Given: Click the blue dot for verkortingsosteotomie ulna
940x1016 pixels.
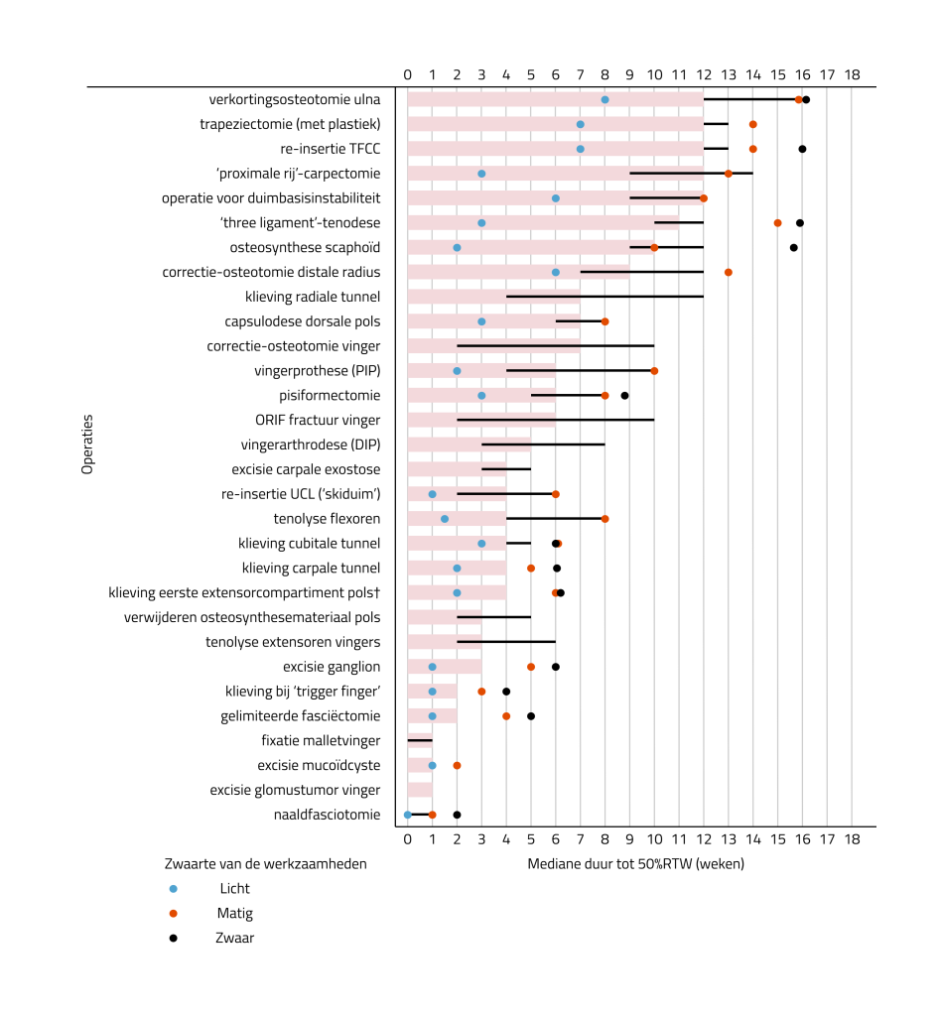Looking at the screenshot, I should [x=605, y=99].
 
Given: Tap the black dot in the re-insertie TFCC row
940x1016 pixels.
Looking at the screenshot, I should [x=802, y=149].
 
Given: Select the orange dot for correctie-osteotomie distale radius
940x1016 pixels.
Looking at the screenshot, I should [x=729, y=272].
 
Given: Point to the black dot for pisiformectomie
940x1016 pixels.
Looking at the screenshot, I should [x=624, y=395].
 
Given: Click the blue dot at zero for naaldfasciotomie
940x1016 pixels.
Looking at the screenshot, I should [x=408, y=815].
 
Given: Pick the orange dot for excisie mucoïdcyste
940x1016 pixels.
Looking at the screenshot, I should [x=457, y=765].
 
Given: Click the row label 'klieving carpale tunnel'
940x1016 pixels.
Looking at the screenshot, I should [x=311, y=568].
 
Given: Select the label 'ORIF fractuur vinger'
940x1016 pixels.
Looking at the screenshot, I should [x=318, y=420].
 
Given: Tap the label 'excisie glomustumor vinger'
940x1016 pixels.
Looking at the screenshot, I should [x=295, y=790].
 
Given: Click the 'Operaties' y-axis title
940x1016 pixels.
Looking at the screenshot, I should [x=87, y=444].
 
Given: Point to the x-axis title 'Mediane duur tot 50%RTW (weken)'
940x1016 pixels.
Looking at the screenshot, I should [x=636, y=864].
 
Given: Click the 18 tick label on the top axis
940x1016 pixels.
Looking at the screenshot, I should [x=852, y=74].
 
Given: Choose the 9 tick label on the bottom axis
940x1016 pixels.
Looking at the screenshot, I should [x=629, y=839].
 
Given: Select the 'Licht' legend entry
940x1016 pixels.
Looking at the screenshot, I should [x=235, y=888].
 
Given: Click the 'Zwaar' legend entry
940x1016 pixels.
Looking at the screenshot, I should [x=235, y=938].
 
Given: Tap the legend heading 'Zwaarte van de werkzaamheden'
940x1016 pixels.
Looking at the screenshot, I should [x=265, y=864].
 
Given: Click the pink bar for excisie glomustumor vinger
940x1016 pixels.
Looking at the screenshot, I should [x=420, y=790].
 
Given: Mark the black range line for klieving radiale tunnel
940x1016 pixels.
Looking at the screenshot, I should [x=604, y=297].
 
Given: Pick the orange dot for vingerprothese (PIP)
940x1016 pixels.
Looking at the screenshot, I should [x=654, y=370].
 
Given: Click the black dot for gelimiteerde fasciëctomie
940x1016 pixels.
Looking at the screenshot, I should [x=531, y=715].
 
